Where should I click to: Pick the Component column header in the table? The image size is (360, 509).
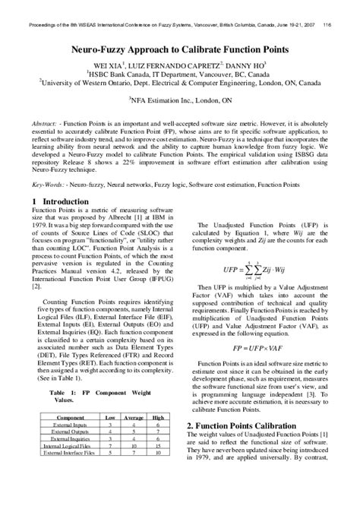(71, 418)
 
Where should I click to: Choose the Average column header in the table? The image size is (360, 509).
(134, 418)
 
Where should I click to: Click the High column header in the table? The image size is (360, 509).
(158, 418)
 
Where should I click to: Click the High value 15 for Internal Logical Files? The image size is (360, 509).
(158, 446)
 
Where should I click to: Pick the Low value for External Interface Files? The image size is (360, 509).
(109, 453)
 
